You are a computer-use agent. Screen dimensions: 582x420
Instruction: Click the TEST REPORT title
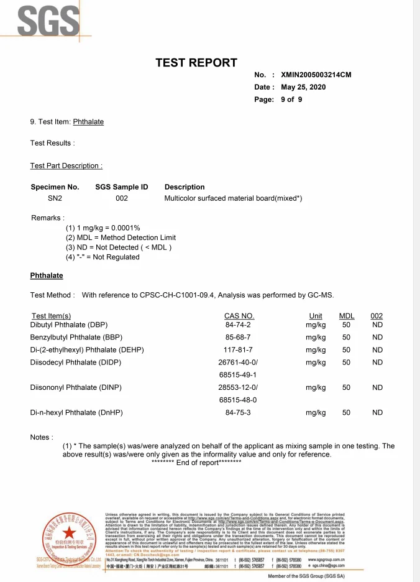click(x=196, y=63)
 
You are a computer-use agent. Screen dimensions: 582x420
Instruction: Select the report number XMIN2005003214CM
click(x=316, y=75)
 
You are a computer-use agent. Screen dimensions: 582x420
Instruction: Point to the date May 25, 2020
click(x=303, y=87)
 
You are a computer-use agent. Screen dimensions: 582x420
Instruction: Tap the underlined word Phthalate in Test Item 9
click(x=88, y=122)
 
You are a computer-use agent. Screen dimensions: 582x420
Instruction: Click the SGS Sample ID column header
click(x=122, y=187)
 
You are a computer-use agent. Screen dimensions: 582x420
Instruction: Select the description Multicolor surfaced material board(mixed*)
click(x=233, y=198)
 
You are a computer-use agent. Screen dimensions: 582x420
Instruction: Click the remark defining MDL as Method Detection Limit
click(x=121, y=238)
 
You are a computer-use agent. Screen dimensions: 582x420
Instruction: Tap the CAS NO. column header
click(x=239, y=316)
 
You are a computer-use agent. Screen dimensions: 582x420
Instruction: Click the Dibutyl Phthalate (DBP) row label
click(x=69, y=325)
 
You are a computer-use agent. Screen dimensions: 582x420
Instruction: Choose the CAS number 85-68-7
click(x=238, y=337)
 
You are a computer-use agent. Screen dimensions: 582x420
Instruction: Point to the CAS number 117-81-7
click(x=238, y=349)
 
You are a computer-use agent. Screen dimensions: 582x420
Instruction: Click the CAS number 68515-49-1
click(x=238, y=375)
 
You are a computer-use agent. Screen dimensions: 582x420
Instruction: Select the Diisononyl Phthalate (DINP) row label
click(x=76, y=387)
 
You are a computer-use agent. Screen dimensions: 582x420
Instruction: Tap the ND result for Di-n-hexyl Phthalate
click(x=377, y=412)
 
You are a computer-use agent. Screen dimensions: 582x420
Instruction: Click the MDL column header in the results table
click(x=347, y=316)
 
